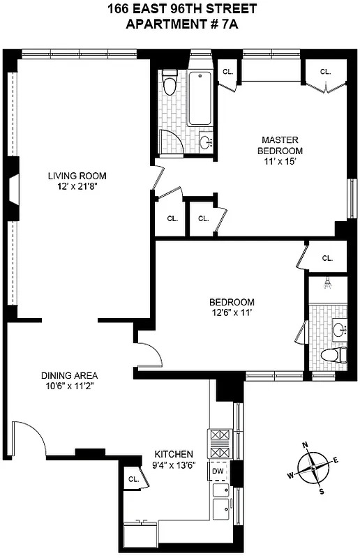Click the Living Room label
tap(77, 176)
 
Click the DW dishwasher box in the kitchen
tap(218, 472)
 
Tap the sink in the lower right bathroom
tap(339, 329)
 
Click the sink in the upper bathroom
tap(206, 143)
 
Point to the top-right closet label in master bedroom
tap(325, 72)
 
